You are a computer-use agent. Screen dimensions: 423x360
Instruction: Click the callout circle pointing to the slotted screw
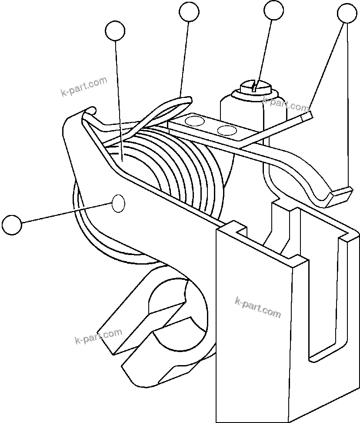click(x=273, y=10)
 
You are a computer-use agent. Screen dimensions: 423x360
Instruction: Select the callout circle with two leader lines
click(x=347, y=13)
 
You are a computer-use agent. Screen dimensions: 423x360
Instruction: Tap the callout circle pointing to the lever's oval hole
click(x=12, y=225)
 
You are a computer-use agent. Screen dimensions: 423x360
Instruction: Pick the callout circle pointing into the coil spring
click(x=115, y=31)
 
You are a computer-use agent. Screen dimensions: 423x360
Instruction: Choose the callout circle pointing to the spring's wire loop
click(x=189, y=12)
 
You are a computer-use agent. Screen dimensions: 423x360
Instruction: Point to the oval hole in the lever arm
click(x=119, y=203)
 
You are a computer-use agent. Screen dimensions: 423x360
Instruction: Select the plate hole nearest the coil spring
click(x=194, y=121)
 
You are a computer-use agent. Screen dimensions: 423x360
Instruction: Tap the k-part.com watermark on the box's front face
click(x=258, y=307)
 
